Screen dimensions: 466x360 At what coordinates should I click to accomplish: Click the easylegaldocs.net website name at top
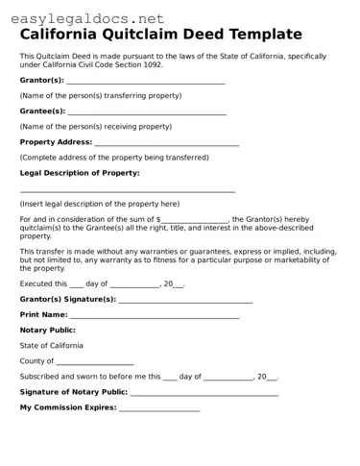coord(84,17)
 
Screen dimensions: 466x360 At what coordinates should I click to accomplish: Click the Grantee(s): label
coord(42,111)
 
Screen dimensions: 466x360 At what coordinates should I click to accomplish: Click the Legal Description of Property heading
coord(80,173)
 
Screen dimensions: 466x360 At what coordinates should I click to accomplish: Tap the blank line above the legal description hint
coord(128,191)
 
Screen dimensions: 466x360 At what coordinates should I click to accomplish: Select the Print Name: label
coord(43,315)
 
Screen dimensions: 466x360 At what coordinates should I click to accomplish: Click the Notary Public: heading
coord(48,331)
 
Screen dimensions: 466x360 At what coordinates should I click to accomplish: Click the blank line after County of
coord(95,362)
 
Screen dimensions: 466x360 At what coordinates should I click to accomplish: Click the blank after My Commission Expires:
coord(158,408)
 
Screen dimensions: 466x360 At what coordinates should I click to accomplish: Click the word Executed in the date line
coord(36,284)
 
